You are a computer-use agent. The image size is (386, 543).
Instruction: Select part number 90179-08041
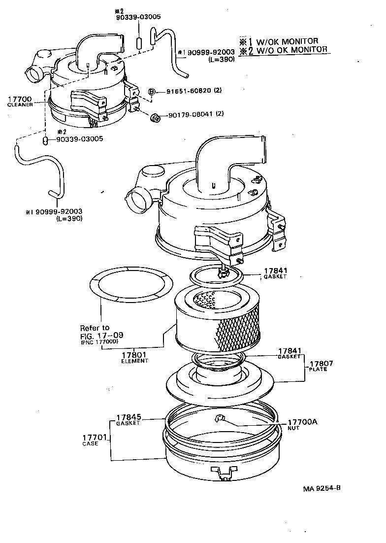[189, 114]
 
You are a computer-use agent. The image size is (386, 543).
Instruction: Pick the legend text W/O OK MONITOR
[289, 49]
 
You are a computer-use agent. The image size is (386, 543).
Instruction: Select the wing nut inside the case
[219, 419]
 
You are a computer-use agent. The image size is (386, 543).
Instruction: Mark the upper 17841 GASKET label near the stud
[276, 273]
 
